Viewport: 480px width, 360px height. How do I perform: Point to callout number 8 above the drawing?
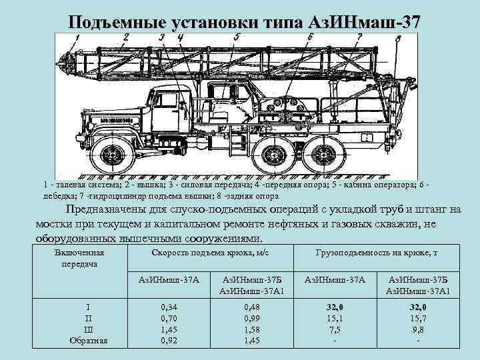[x=398, y=39]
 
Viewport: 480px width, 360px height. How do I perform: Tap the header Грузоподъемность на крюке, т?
[x=376, y=253]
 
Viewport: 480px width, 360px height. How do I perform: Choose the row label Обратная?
[x=89, y=341]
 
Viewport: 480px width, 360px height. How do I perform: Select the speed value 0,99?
[x=251, y=319]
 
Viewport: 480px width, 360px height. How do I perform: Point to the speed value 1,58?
[x=251, y=330]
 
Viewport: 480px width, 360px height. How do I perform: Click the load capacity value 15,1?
[x=334, y=319]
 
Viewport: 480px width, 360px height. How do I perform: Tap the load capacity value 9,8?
[x=418, y=330]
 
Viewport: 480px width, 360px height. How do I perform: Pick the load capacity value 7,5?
[x=334, y=330]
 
